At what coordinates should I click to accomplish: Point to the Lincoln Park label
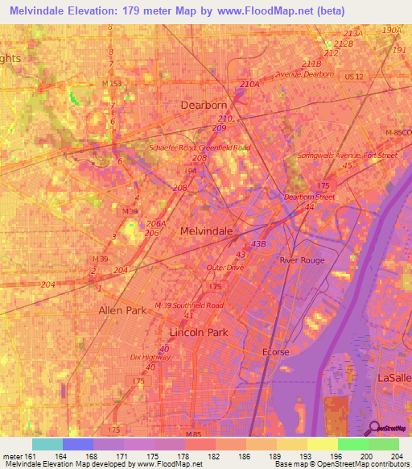pyautogui.click(x=199, y=332)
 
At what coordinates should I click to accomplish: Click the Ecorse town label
pyautogui.click(x=275, y=352)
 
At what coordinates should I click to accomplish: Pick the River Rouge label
pyautogui.click(x=300, y=260)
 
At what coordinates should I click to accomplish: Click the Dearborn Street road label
pyautogui.click(x=310, y=196)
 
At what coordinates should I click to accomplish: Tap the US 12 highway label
pyautogui.click(x=353, y=76)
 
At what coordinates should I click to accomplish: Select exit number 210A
pyautogui.click(x=249, y=83)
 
